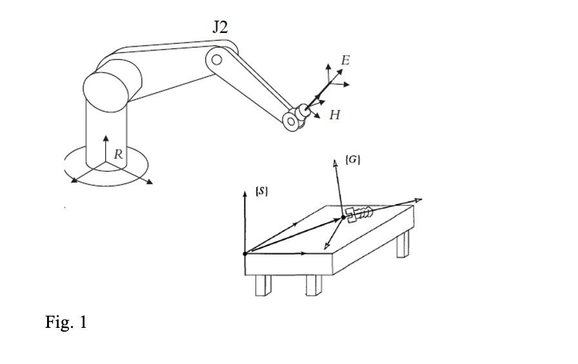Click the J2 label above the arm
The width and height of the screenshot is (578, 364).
coord(219,26)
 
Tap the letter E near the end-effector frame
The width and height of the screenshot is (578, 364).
coord(345,60)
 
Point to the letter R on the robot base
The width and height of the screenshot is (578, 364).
coord(118,154)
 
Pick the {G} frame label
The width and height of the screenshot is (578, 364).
coord(353,158)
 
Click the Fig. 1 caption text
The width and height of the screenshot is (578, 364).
coord(66,321)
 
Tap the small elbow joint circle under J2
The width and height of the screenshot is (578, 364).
coord(217,61)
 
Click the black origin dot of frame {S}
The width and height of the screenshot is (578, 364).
coord(244,254)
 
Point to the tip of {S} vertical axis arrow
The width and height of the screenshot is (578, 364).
coord(244,191)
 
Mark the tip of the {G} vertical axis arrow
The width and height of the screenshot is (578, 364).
coord(334,162)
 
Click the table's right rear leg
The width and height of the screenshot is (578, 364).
coord(403,245)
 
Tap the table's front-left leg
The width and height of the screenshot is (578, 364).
coord(262,285)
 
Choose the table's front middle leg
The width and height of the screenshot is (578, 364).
coord(314,285)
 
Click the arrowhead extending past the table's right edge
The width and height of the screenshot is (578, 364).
coord(421,200)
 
